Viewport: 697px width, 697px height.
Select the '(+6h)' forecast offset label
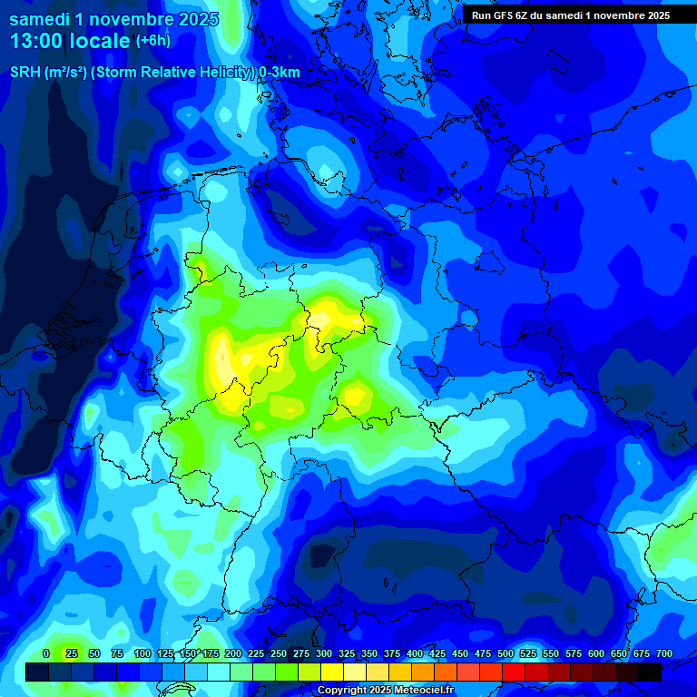152,41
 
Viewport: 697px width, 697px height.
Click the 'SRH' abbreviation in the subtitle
25,73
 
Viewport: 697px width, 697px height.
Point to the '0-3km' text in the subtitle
280,73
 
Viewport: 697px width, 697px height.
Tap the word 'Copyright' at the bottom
341,691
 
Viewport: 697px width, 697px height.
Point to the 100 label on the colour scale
142,653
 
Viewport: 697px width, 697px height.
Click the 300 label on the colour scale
324,653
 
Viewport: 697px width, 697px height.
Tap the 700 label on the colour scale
664,653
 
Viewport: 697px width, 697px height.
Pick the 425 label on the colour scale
437,653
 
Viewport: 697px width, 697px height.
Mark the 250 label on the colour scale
279,653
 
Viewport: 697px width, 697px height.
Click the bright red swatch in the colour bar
514,672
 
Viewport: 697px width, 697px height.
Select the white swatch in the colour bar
219,672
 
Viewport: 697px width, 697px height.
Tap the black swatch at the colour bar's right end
650,672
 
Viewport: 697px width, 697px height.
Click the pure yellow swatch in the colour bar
332,672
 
